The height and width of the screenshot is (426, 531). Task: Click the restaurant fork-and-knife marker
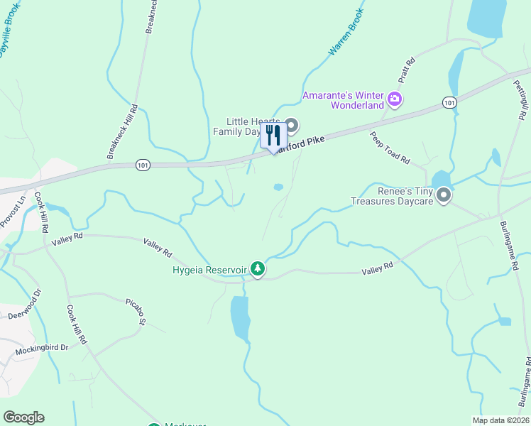click(x=273, y=135)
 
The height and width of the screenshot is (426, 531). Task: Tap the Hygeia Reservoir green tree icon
click(x=258, y=269)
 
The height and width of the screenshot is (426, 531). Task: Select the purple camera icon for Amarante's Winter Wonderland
click(x=395, y=99)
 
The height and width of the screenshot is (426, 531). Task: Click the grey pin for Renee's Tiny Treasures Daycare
click(x=444, y=195)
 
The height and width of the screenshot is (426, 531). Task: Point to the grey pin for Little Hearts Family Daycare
click(x=291, y=125)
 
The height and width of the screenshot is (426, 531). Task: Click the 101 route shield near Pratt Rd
click(x=449, y=103)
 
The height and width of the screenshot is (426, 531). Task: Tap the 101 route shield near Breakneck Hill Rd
click(x=142, y=165)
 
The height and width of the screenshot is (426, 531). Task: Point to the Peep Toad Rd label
click(x=390, y=148)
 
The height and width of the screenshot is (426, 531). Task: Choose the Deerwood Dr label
click(x=26, y=305)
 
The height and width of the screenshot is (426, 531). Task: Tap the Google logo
click(x=23, y=417)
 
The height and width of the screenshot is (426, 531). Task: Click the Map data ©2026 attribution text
click(x=500, y=420)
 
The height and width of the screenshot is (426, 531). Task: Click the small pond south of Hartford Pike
click(x=278, y=187)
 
